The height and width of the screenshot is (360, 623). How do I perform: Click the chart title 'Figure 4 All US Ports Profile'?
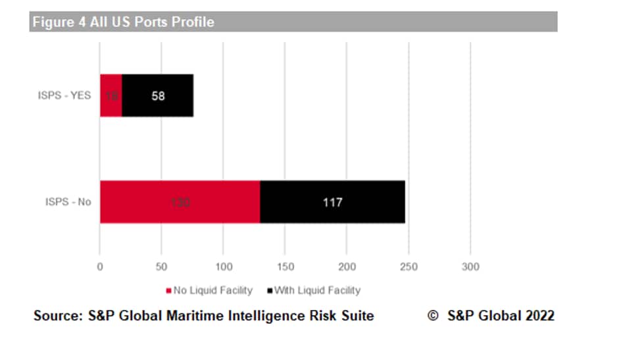click(x=123, y=22)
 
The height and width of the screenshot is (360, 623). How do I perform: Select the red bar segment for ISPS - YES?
click(x=111, y=95)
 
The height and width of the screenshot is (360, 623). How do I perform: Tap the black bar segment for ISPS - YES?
click(x=158, y=95)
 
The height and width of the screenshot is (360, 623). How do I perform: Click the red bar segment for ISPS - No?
click(x=180, y=201)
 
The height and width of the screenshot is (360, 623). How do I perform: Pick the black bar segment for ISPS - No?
click(x=332, y=201)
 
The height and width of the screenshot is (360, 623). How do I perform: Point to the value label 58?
click(x=158, y=96)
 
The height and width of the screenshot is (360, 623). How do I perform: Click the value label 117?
click(x=332, y=202)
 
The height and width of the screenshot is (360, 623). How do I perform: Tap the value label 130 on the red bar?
click(x=180, y=202)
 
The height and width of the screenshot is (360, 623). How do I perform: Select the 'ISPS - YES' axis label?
click(x=64, y=95)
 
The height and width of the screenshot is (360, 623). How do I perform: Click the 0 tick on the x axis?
click(x=100, y=267)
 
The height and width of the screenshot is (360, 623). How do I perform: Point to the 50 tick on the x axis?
click(x=161, y=267)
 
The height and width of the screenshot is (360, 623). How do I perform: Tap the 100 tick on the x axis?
click(x=223, y=267)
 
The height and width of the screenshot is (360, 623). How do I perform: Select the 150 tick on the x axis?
click(x=285, y=267)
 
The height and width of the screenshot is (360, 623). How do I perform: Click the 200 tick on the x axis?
click(x=347, y=267)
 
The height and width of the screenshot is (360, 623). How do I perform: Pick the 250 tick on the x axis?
click(x=409, y=267)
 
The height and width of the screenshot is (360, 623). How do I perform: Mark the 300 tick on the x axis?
click(x=470, y=267)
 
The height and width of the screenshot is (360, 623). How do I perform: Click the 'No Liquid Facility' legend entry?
click(x=209, y=290)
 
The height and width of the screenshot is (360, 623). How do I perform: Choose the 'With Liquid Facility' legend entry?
click(x=313, y=290)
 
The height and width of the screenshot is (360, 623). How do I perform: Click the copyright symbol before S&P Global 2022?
click(x=433, y=316)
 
